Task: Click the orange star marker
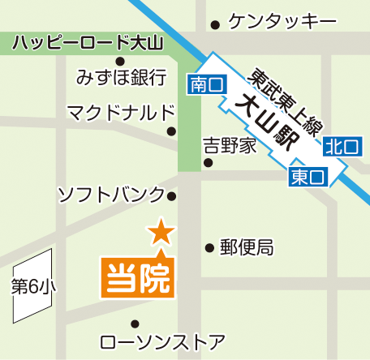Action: click(x=161, y=233)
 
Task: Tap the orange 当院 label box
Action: click(x=137, y=276)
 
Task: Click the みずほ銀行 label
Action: click(x=121, y=78)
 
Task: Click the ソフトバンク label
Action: click(x=110, y=195)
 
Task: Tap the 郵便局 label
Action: click(x=247, y=247)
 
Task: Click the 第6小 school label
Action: click(x=32, y=286)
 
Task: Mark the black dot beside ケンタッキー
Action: click(x=214, y=23)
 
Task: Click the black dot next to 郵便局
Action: click(x=209, y=246)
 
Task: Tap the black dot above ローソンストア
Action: click(x=146, y=324)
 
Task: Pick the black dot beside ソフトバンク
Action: click(x=171, y=195)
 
